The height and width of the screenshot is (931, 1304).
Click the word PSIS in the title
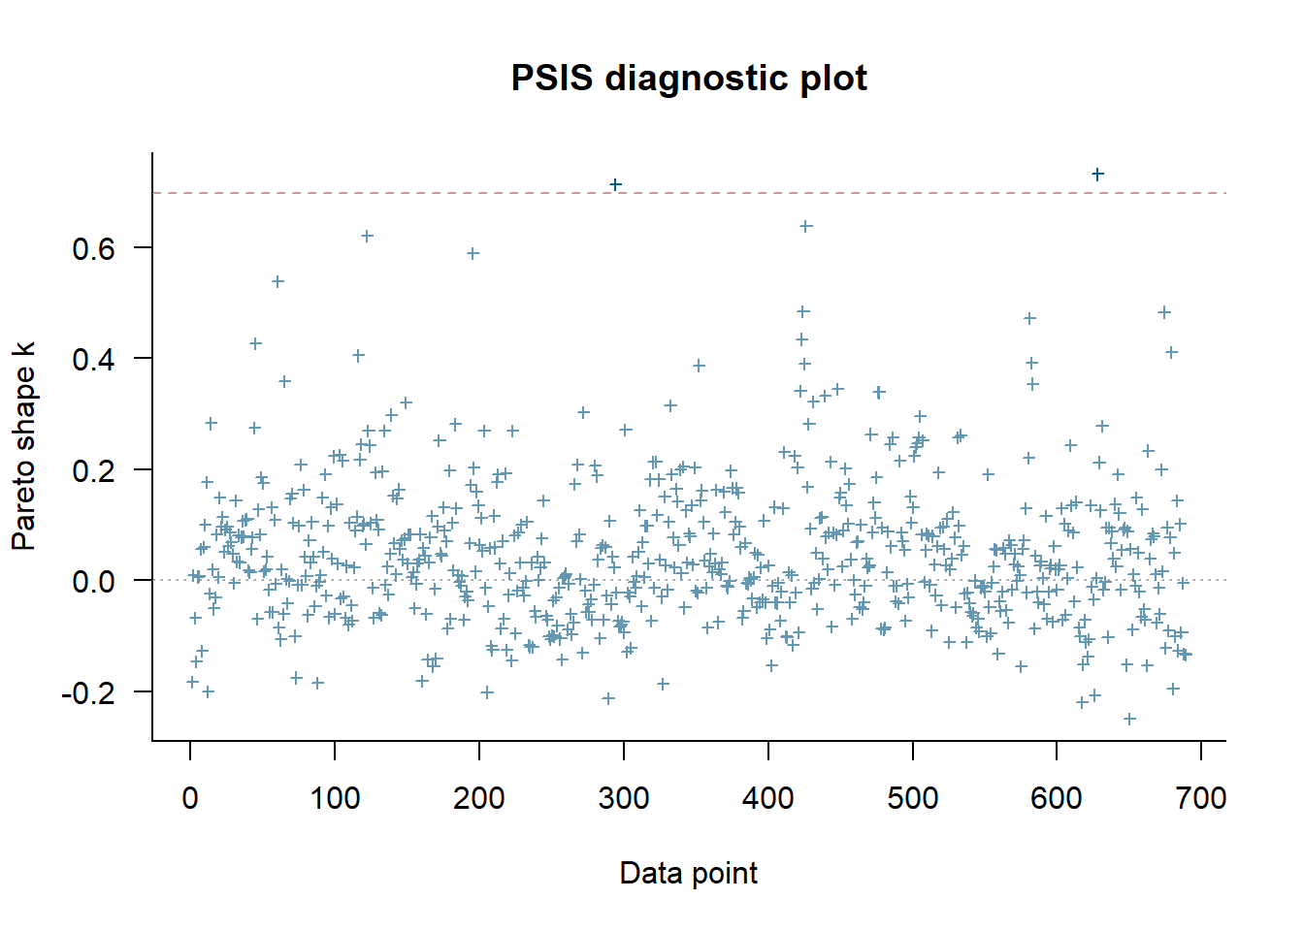point(551,78)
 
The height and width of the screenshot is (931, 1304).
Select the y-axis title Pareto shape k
point(23,446)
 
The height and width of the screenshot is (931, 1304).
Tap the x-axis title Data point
point(689,873)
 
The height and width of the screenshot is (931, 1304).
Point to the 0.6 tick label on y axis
point(93,248)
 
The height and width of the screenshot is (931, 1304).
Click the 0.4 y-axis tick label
point(93,359)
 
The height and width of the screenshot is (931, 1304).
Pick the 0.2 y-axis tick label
point(93,470)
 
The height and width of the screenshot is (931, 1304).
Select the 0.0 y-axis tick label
point(93,581)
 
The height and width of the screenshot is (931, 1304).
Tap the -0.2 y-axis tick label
point(88,692)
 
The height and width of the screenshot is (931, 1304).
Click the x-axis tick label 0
point(190,798)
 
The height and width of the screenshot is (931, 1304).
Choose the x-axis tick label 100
point(335,798)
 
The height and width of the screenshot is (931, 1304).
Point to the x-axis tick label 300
point(624,798)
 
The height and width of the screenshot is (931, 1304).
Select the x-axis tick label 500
point(913,798)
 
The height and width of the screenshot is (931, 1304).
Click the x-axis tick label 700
point(1201,798)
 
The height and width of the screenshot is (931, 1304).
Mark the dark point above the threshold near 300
point(615,184)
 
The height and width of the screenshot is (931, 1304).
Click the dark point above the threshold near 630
point(1097,175)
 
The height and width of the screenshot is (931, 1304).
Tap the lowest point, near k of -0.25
point(1129,719)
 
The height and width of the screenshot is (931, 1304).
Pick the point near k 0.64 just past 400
point(805,226)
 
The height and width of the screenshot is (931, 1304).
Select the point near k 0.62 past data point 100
point(367,236)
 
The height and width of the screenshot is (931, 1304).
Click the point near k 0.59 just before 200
point(473,253)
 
